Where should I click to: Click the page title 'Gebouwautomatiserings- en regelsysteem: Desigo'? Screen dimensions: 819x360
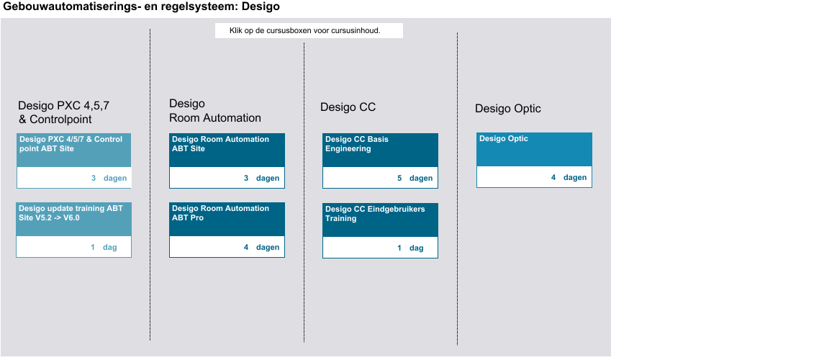pos(142,6)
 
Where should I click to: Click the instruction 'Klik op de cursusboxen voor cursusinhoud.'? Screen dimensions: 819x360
pos(305,31)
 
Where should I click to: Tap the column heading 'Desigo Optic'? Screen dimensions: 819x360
pos(507,109)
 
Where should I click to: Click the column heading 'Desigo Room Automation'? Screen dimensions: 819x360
pos(214,111)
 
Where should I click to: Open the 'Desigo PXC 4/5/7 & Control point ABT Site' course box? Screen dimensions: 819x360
pos(73,161)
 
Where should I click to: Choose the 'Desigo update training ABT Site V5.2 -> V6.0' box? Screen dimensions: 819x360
pos(73,230)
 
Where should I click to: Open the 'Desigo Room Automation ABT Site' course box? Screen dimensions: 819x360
pos(227,161)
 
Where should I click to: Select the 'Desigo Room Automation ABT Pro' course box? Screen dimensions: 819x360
pos(227,230)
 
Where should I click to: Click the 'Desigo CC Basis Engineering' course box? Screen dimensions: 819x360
pos(380,161)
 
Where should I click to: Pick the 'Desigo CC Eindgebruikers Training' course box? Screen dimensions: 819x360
pos(380,230)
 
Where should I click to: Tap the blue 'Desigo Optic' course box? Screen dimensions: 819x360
pos(534,160)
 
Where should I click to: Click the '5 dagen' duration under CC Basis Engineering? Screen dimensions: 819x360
pos(415,178)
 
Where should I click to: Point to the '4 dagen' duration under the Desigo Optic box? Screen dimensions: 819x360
pos(569,178)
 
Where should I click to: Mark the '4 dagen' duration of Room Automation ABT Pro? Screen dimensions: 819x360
pos(262,247)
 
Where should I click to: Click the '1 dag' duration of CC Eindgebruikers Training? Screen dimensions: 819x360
pos(410,248)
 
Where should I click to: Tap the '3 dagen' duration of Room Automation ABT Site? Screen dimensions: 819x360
pos(262,178)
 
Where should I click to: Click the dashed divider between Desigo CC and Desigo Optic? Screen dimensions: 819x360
pos(458,189)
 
